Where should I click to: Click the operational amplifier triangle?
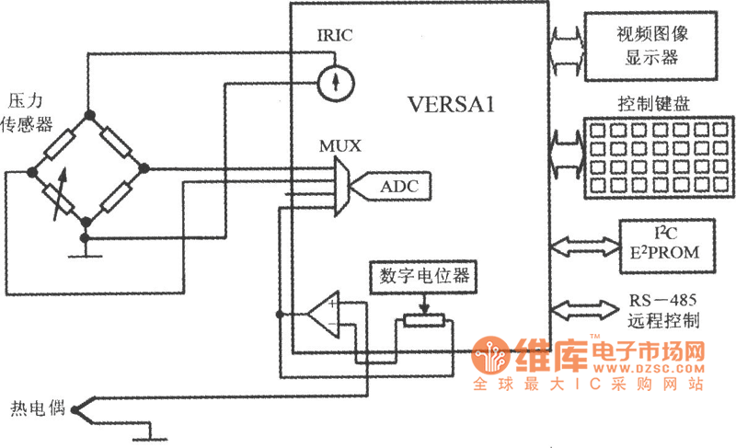tap(324, 315)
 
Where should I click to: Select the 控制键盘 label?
tap(650, 102)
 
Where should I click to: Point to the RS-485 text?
tap(663, 301)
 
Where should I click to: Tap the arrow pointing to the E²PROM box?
tap(583, 246)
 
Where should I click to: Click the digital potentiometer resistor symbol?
tap(422, 320)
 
